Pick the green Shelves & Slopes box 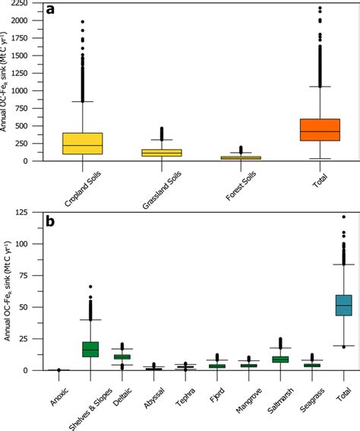tap(90, 348)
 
